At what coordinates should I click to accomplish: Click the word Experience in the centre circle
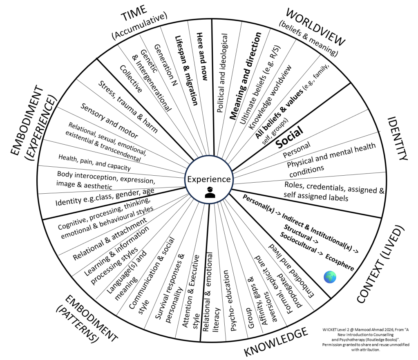[209, 179]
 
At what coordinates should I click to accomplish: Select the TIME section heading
[139, 16]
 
